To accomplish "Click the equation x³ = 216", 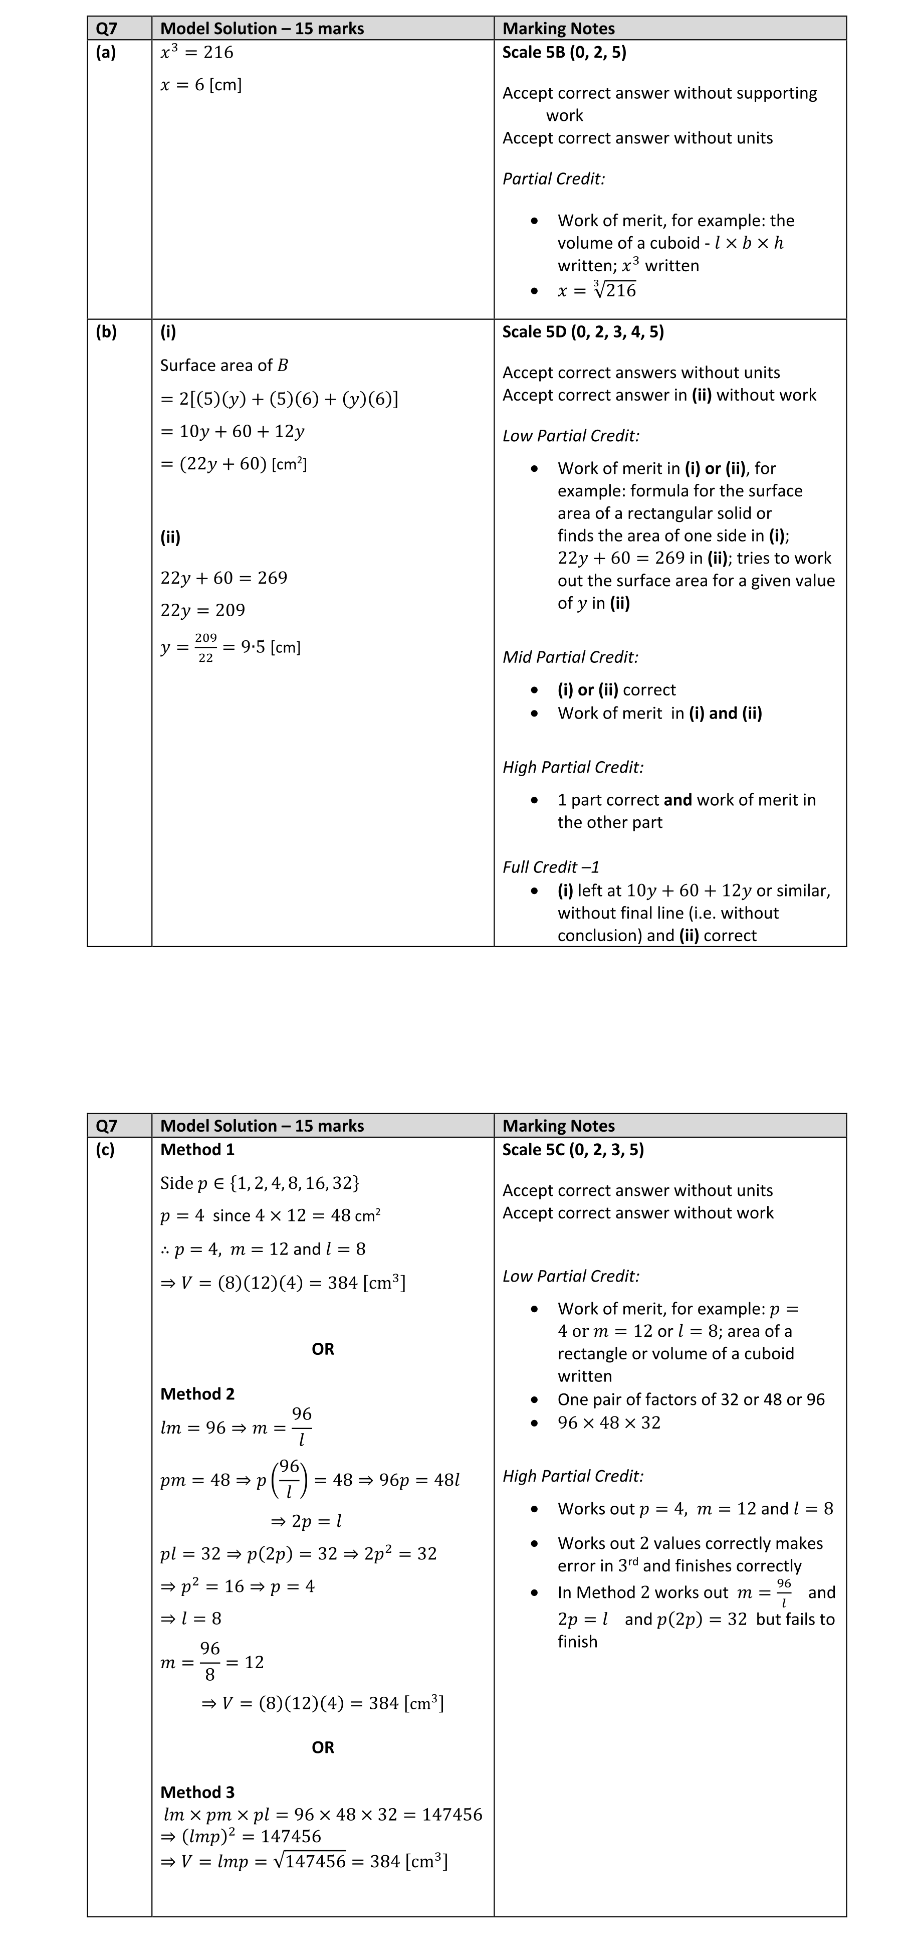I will point(197,53).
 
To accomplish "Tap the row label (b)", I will point(106,331).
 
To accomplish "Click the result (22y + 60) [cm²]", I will point(233,464).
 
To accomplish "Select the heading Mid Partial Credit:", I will point(570,657).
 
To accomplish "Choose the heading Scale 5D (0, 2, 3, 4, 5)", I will point(583,331).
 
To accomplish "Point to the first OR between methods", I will point(323,1348).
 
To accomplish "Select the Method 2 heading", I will point(197,1393).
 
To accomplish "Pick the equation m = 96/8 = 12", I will point(212,1662).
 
